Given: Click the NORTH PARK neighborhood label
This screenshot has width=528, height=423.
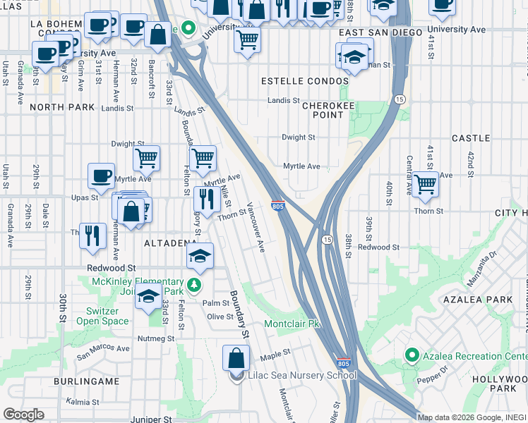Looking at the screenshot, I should [62, 107].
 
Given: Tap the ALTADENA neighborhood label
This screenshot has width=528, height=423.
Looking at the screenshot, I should [170, 243].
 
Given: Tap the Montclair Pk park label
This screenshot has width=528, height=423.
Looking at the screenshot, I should [292, 324].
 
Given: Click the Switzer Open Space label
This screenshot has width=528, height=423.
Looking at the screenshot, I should [102, 316].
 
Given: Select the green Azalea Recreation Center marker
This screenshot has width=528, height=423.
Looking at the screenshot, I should [411, 355].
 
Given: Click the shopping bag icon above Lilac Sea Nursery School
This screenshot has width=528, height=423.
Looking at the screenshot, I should [236, 357].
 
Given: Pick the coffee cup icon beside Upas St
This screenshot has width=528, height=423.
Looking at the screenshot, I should [101, 176].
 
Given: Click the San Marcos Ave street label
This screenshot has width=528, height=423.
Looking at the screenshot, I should [103, 349].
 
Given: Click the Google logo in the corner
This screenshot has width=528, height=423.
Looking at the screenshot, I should [23, 415].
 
